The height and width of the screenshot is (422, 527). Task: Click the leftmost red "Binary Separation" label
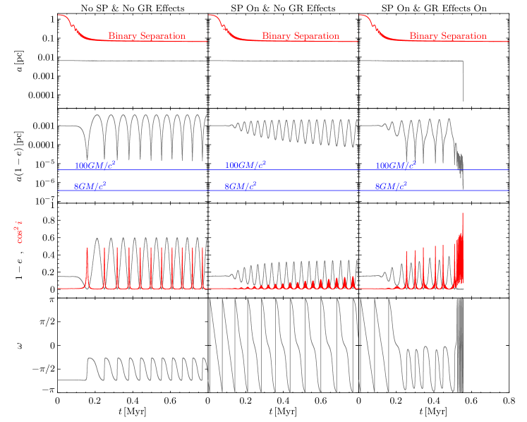tap(147, 36)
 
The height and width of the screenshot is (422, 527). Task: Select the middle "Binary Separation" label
tap(301, 36)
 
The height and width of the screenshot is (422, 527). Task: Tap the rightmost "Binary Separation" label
tap(448, 36)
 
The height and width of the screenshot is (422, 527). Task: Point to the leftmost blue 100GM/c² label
tap(95, 166)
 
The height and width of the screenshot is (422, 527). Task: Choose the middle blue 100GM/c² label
tap(246, 165)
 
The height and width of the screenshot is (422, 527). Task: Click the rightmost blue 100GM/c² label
tap(395, 166)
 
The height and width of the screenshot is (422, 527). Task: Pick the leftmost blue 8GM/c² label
tap(90, 186)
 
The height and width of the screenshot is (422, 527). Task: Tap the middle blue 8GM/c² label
tap(240, 186)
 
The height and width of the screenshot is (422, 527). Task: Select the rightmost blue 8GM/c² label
tap(391, 186)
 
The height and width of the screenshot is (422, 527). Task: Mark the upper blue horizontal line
tap(282, 170)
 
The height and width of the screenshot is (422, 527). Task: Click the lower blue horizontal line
tap(282, 191)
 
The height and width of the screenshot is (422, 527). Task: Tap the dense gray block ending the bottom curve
tap(461, 346)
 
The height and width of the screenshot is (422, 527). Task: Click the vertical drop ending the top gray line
tap(463, 81)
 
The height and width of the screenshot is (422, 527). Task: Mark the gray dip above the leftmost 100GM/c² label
tap(87, 152)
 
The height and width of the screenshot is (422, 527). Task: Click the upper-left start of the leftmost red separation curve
tap(59, 15)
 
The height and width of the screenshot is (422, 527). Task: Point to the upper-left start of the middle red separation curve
tap(210, 15)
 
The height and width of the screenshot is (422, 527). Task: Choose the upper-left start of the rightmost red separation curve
tap(361, 15)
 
